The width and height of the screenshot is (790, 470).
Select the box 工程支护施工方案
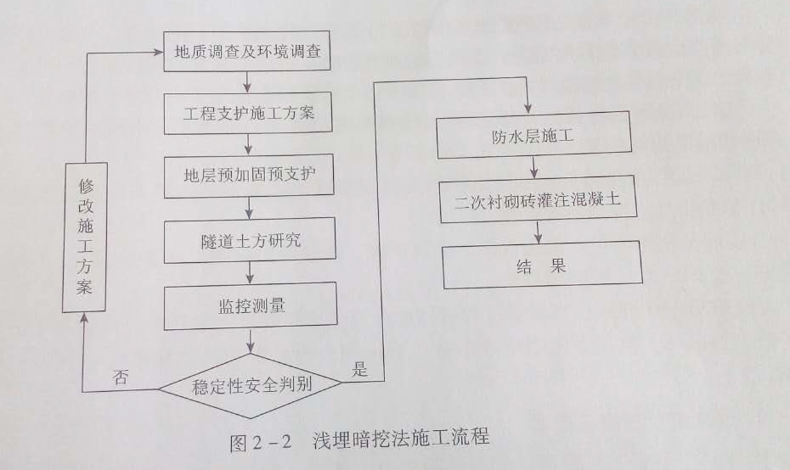[x=248, y=112]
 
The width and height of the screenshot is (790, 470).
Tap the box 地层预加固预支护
[x=249, y=177]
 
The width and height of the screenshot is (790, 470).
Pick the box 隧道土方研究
[x=250, y=241]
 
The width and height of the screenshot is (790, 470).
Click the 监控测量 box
[x=251, y=306]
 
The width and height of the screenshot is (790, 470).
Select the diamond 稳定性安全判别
[x=251, y=386]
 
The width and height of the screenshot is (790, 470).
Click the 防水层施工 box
[x=534, y=137]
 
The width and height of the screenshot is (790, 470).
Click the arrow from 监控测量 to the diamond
[x=251, y=341]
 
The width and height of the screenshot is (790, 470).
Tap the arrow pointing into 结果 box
[x=538, y=232]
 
